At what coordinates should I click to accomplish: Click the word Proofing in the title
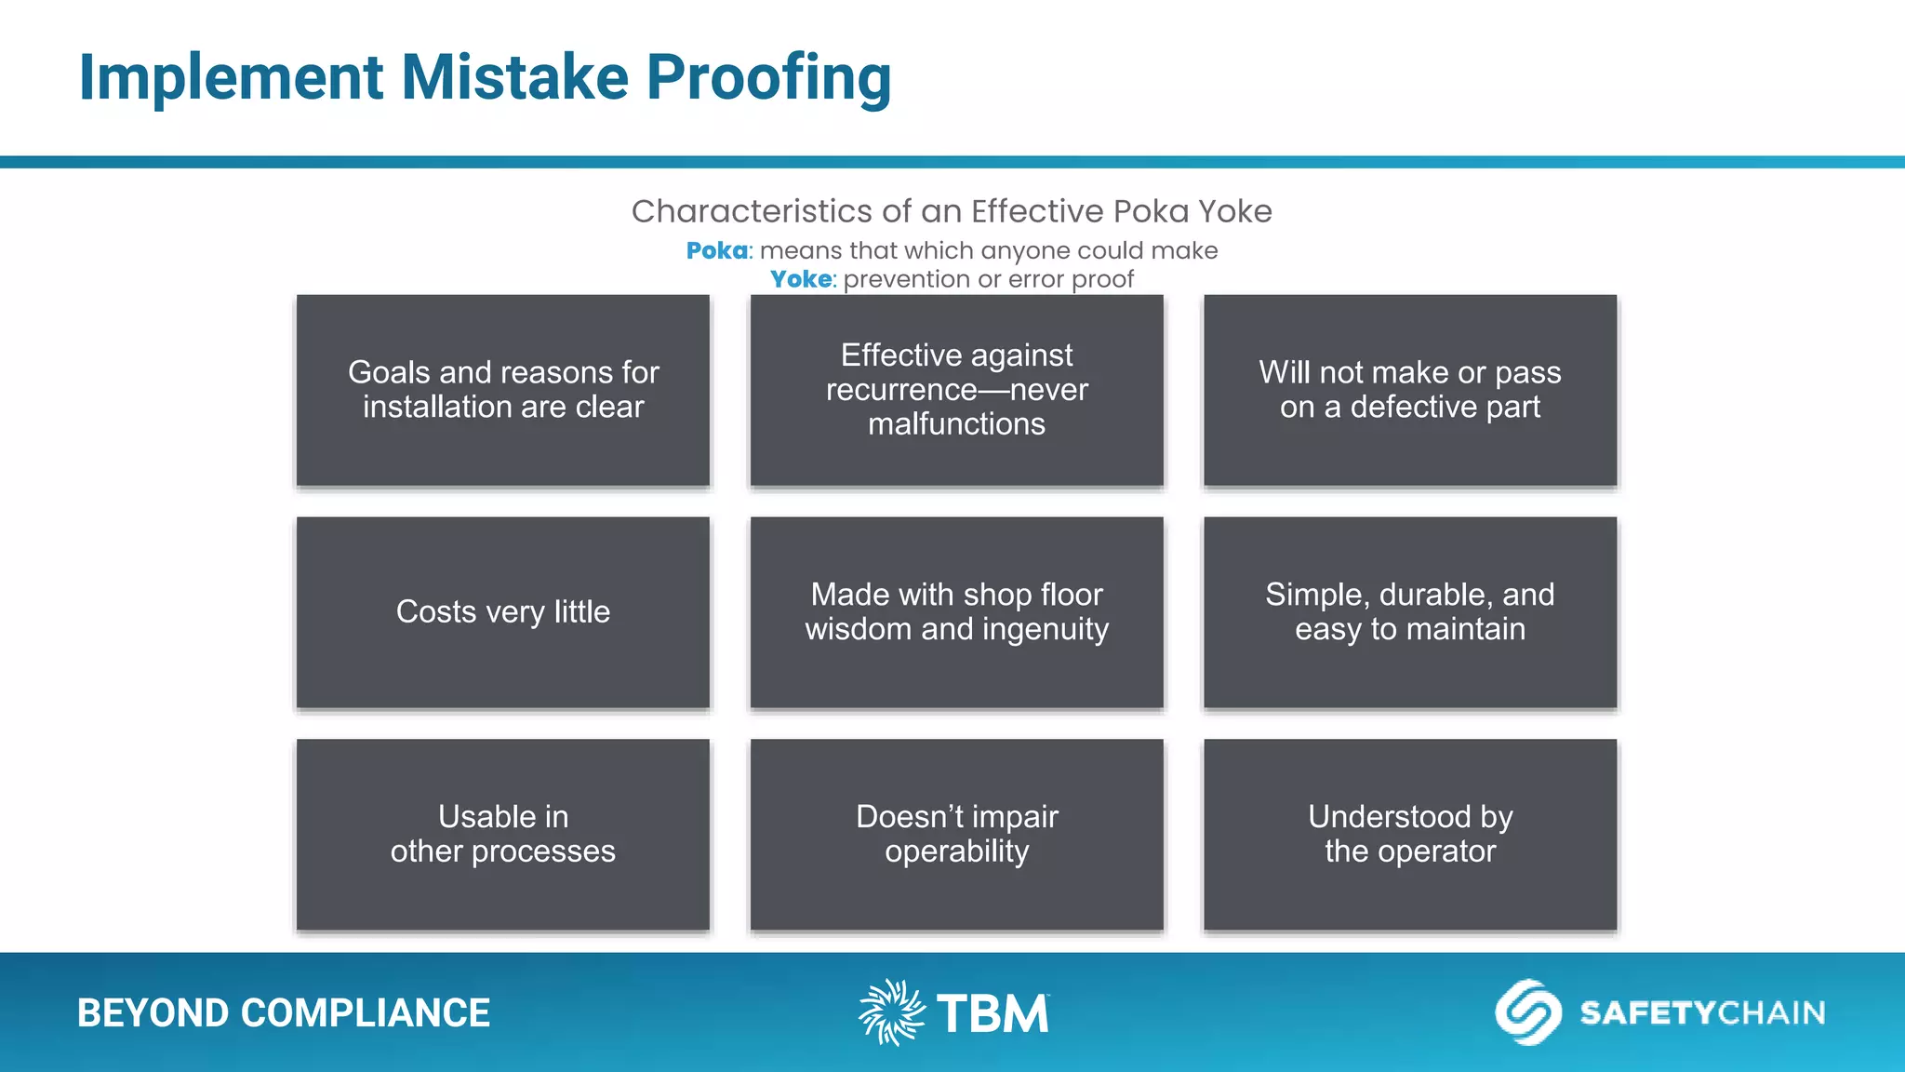(x=768, y=78)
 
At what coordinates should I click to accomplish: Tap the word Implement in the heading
(x=231, y=78)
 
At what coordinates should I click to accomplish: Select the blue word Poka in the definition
(x=716, y=251)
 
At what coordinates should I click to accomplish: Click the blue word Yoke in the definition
(x=801, y=279)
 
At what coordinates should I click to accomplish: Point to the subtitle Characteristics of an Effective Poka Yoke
(x=952, y=211)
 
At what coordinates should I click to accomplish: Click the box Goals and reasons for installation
(x=503, y=390)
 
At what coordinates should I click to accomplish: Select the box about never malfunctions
(x=956, y=390)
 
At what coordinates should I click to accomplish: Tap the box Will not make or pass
(x=1410, y=390)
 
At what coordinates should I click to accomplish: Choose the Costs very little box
(x=503, y=612)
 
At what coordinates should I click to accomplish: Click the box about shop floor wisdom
(x=956, y=612)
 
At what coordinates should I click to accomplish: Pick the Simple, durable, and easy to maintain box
(x=1410, y=612)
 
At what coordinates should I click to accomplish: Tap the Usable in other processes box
(x=503, y=835)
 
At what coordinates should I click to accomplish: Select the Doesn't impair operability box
(x=956, y=835)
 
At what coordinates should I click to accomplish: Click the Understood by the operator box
(x=1410, y=835)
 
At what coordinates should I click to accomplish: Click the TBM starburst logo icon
(x=891, y=1012)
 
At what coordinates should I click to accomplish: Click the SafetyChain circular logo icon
(x=1527, y=1012)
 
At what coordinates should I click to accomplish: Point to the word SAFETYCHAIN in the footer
(x=1702, y=1012)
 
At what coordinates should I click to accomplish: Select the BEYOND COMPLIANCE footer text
(x=284, y=1013)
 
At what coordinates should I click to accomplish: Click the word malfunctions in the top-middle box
(x=956, y=424)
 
